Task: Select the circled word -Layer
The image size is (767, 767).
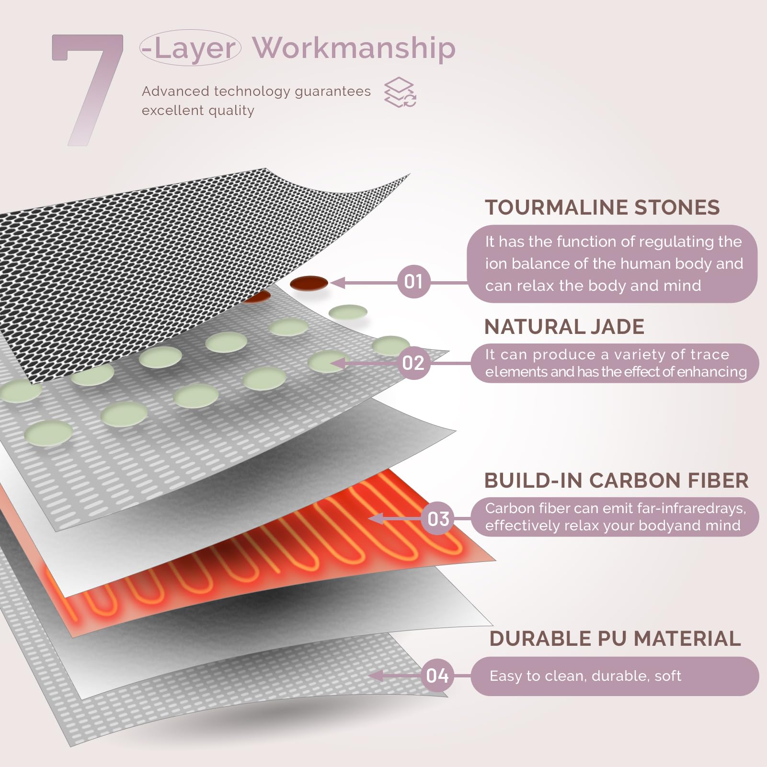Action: [x=190, y=48]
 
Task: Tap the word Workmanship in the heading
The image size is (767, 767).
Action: [x=354, y=48]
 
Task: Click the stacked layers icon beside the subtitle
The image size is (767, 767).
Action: [x=400, y=92]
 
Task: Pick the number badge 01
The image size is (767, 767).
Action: [x=413, y=282]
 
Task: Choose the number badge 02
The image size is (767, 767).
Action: [x=413, y=363]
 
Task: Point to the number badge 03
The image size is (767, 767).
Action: [x=438, y=519]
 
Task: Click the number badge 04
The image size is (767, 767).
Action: [x=437, y=675]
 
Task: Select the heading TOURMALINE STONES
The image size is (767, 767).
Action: [x=602, y=207]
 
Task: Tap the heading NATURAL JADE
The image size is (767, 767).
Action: [x=564, y=327]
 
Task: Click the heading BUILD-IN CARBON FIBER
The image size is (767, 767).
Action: [x=616, y=481]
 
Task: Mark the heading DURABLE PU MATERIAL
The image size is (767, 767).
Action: [x=615, y=639]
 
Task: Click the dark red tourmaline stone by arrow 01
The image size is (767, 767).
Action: [x=309, y=283]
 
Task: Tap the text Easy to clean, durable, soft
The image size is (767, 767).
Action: [x=585, y=676]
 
